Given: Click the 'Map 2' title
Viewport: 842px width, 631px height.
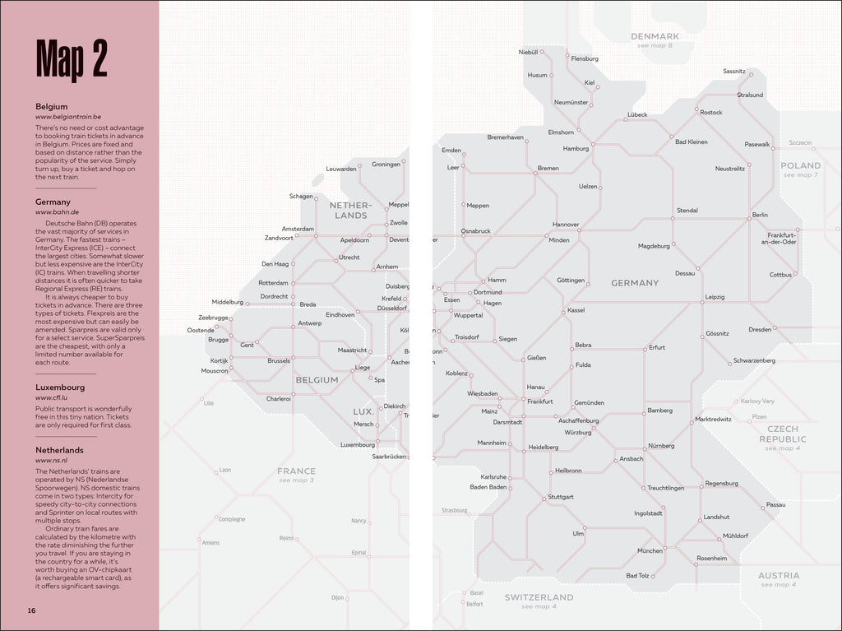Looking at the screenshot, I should (x=72, y=59).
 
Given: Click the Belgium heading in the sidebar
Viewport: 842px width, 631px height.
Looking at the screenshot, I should (x=51, y=107).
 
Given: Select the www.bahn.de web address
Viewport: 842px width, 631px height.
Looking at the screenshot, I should (x=57, y=212).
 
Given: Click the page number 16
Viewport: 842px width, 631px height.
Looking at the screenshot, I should (x=31, y=610).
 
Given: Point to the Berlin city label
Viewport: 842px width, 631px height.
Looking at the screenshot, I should (x=760, y=216).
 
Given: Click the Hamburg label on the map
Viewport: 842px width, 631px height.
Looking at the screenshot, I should (x=576, y=149).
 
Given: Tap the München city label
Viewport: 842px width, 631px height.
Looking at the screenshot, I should (x=650, y=550).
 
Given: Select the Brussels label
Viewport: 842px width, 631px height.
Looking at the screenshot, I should (x=279, y=360).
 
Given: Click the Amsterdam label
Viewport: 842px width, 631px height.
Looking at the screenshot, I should (x=298, y=229).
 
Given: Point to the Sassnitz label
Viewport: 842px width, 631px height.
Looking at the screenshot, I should (x=733, y=72).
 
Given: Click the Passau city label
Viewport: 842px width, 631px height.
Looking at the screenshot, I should (x=775, y=504).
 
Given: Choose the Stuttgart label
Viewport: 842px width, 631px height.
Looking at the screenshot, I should (x=561, y=497).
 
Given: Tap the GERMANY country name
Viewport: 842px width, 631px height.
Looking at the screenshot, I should (x=635, y=283).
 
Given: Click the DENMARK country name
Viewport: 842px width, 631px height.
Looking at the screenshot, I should (x=655, y=36).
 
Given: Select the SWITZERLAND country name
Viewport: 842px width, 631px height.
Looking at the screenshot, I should (x=539, y=596).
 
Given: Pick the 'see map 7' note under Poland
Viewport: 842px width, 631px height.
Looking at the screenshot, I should (x=800, y=175).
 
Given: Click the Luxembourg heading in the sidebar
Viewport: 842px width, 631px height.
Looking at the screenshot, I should (x=60, y=387).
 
